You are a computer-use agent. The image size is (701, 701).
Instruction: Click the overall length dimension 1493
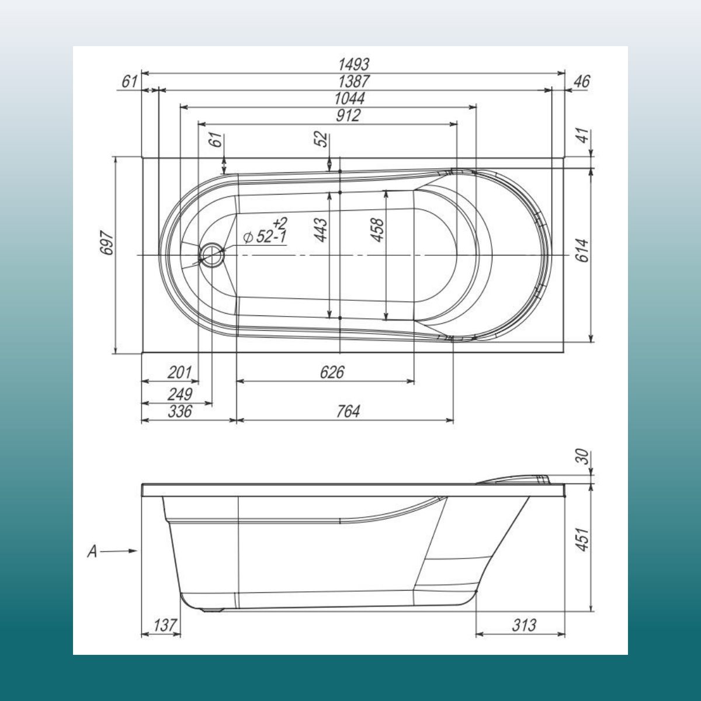tap(353, 64)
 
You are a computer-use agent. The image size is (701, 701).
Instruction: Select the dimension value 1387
tap(353, 81)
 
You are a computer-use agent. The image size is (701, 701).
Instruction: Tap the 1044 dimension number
tap(349, 99)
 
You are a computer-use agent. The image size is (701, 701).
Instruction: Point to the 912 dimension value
tap(348, 116)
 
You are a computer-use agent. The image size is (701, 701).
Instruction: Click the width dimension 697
tap(107, 242)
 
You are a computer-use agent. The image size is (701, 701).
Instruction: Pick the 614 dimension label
tap(582, 250)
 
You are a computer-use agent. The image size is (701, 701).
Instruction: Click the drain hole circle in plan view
tap(212, 255)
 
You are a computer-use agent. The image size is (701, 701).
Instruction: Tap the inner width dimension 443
tap(321, 230)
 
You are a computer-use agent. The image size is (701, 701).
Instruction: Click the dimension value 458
tap(377, 230)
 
